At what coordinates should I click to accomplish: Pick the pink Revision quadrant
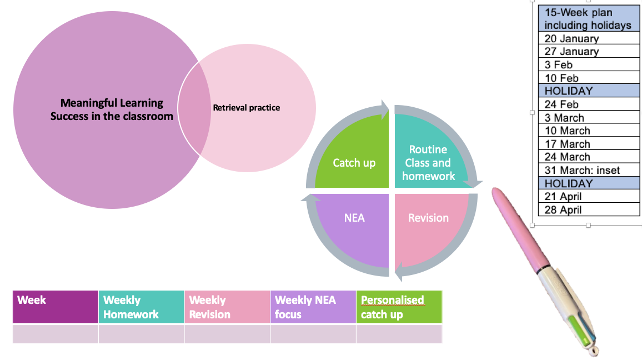click(428, 225)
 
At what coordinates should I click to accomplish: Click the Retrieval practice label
click(247, 108)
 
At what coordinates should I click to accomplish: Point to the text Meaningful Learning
click(112, 102)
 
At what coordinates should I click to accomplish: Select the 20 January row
click(589, 38)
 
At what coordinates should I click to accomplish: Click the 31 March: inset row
click(589, 170)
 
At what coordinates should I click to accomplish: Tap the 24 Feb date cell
click(589, 104)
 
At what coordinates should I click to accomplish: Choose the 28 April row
click(589, 209)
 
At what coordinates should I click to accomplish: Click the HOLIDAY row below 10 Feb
click(589, 91)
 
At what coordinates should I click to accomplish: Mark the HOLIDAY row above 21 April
click(589, 183)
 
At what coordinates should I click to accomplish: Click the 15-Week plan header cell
click(589, 18)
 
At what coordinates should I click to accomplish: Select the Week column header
click(56, 307)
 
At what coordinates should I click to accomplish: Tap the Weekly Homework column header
click(141, 307)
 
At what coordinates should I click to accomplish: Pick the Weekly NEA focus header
click(313, 307)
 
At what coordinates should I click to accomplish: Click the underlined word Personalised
click(392, 300)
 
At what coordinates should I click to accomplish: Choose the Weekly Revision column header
click(227, 307)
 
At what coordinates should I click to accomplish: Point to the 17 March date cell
click(589, 144)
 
